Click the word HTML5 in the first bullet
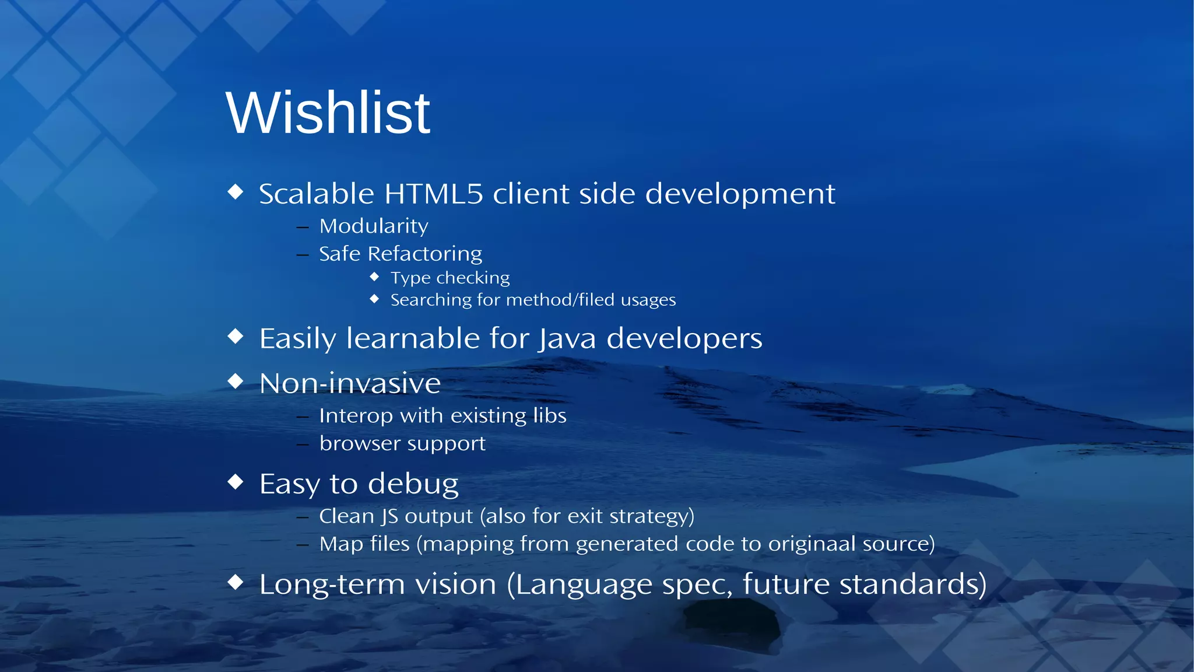434,194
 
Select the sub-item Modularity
374,226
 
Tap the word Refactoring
425,254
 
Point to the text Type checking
450,278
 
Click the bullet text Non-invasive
350,383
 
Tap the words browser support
402,444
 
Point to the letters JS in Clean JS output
390,516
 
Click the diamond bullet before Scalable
236,191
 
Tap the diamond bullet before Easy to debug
236,481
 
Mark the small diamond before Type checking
374,276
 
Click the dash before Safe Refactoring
302,255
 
